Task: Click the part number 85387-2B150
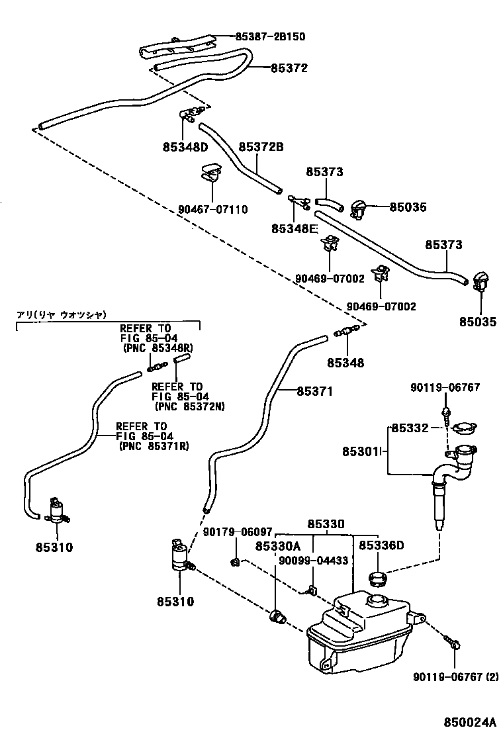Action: click(271, 36)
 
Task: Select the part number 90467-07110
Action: click(212, 210)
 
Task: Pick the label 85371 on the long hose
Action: click(314, 391)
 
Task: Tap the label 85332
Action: click(410, 428)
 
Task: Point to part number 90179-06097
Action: click(238, 531)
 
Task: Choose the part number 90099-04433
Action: click(313, 560)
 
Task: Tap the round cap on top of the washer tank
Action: click(380, 601)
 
